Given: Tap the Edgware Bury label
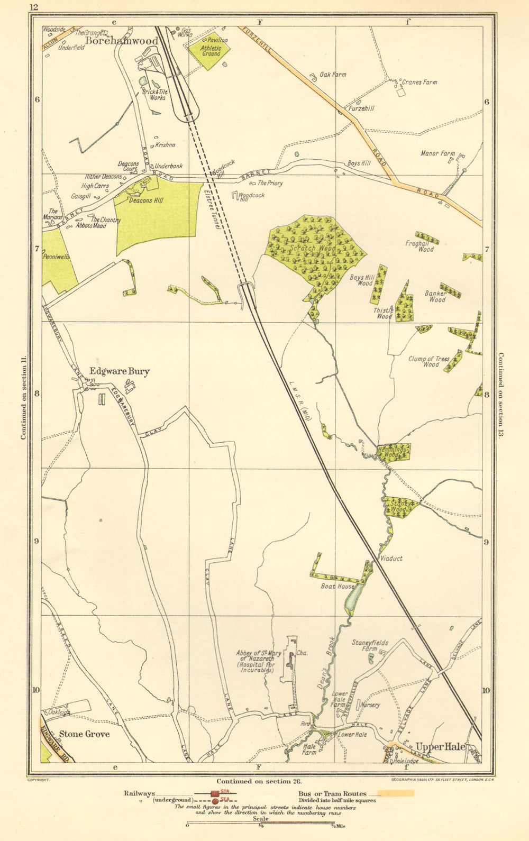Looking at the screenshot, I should pos(119,371).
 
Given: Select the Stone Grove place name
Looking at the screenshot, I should pos(84,734).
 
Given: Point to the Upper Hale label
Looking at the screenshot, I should pos(440,746).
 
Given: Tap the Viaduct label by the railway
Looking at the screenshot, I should pos(391,558).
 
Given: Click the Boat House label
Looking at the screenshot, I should pos(338,586).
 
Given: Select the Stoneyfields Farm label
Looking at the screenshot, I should pos(370,645).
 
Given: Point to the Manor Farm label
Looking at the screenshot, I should pos(437,153).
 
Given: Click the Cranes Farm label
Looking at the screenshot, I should pos(419,83).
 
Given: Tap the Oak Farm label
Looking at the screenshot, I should pos(333,75).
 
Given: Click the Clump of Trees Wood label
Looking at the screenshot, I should pos(428,361).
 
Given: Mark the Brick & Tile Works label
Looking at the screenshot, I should pos(154,95).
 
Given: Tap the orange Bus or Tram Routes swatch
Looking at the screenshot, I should pos(396,793).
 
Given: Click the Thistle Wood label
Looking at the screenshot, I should pos(384,313).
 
